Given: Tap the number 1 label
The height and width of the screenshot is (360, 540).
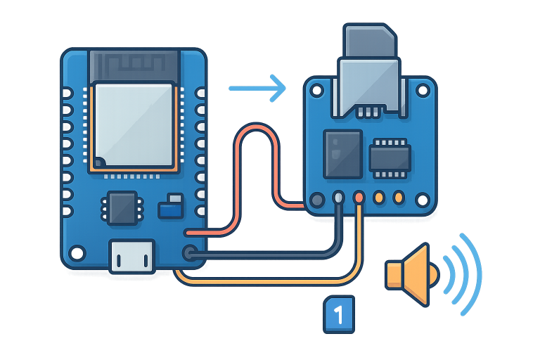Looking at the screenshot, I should coord(338,314).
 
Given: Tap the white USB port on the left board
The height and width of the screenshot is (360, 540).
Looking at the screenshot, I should coord(131,255).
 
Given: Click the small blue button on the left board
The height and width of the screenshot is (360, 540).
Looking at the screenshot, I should coord(170,209).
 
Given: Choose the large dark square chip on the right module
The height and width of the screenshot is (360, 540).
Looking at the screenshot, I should coord(342,153).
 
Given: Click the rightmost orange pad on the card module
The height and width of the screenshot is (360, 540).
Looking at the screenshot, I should coord(399,198).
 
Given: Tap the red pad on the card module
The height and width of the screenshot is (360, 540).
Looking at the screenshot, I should coord(359,198).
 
